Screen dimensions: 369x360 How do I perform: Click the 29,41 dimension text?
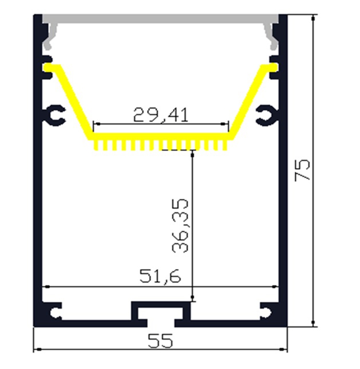(161, 115)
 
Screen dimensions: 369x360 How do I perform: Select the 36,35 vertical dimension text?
(180, 225)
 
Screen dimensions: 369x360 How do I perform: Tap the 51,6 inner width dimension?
(160, 276)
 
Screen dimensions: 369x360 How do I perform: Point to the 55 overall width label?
(160, 341)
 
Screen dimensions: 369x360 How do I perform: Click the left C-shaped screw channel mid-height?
(54, 115)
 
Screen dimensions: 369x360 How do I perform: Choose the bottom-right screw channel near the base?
(266, 312)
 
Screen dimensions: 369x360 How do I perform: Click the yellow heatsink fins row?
(161, 143)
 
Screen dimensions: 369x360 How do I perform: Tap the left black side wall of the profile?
(38, 180)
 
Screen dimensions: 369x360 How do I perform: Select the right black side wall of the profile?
(283, 180)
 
